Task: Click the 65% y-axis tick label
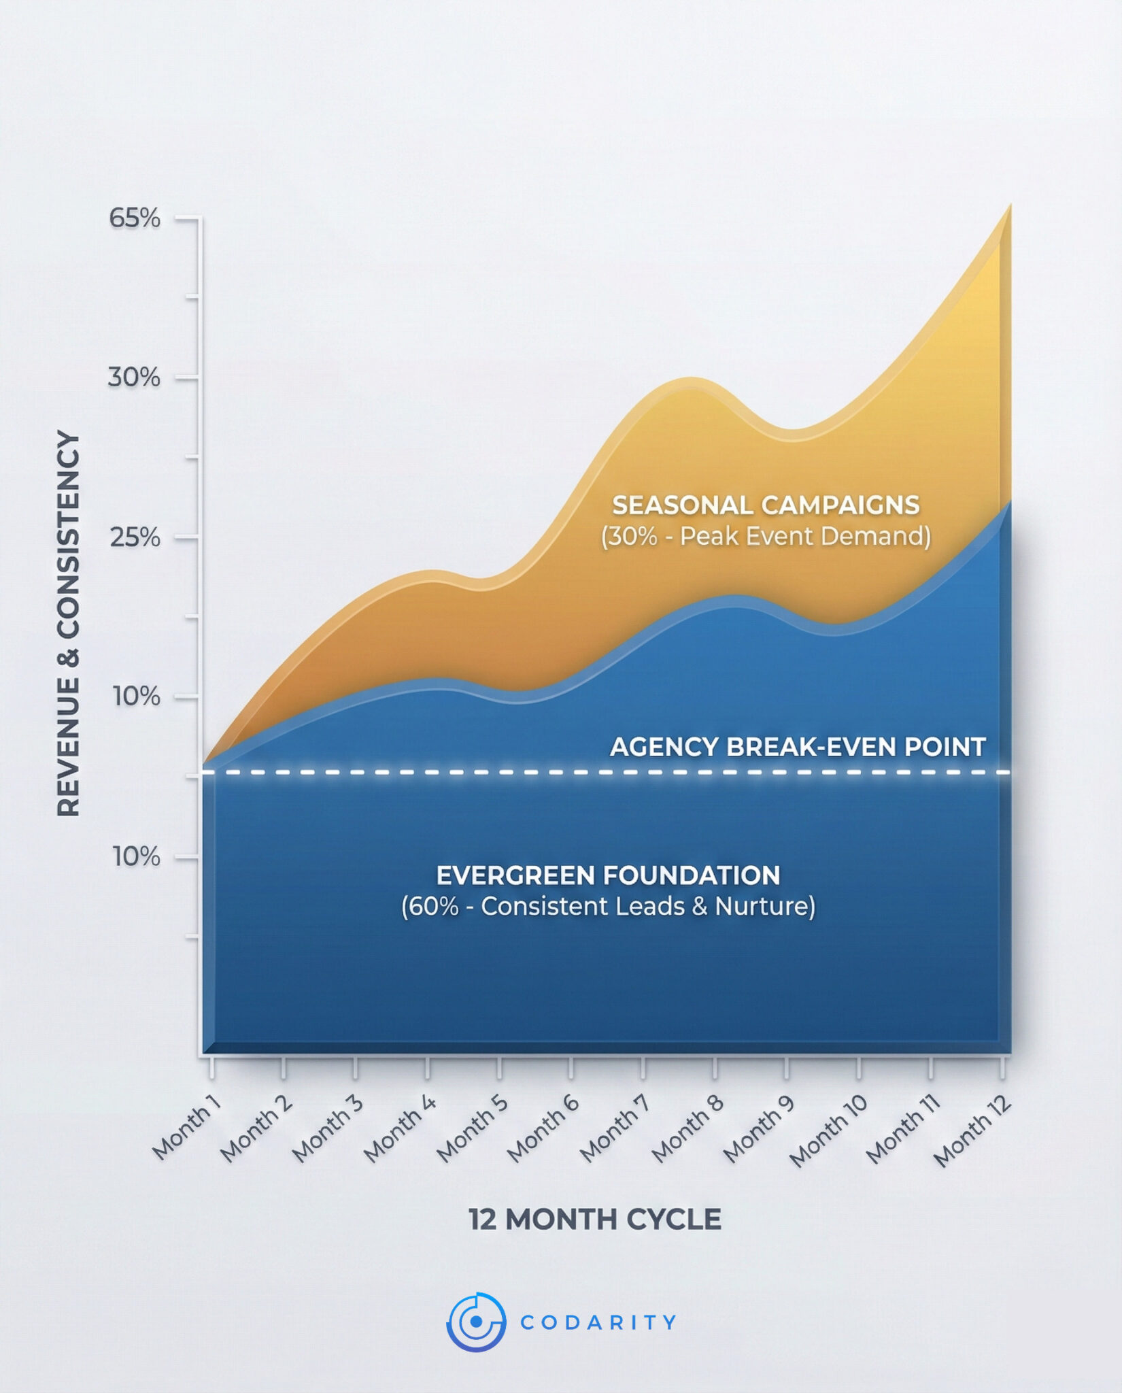135,218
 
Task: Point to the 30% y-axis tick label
134,377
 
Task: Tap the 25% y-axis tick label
135,538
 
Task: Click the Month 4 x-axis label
399,1128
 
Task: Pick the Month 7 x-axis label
615,1128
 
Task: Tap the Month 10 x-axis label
828,1130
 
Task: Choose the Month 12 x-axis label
972,1131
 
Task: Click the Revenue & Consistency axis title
68,623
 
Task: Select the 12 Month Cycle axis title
595,1220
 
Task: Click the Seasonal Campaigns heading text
766,505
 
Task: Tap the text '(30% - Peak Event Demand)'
766,537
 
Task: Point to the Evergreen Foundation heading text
608,875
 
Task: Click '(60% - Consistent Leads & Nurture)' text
608,907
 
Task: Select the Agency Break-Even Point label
798,747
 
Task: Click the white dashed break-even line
476,773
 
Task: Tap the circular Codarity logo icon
476,1322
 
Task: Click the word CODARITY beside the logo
598,1322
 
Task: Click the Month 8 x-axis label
687,1128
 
